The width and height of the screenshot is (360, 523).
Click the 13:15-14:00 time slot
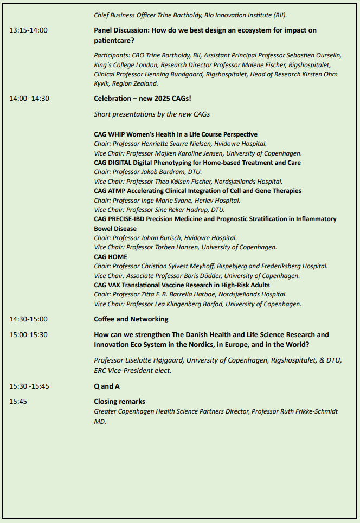pyautogui.click(x=28, y=30)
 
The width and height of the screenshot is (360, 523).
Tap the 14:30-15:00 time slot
pyautogui.click(x=28, y=319)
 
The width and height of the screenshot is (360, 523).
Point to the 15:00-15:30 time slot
pyautogui.click(x=28, y=335)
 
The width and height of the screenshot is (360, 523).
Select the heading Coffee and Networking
pyautogui.click(x=131, y=319)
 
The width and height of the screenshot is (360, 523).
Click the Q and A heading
pyautogui.click(x=107, y=386)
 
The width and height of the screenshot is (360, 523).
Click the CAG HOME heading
pyautogui.click(x=111, y=257)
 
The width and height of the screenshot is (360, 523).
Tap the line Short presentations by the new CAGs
pyautogui.click(x=152, y=114)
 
